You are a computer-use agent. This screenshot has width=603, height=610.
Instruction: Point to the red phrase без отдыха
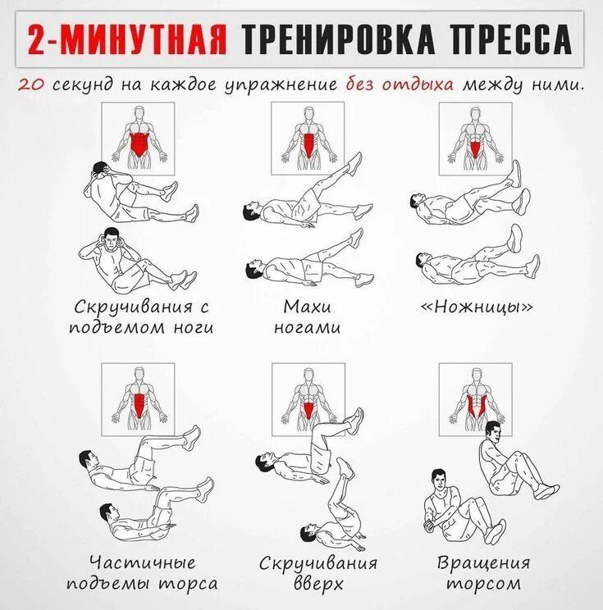pos(400,85)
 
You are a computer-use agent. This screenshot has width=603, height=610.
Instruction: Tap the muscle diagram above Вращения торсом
pos(475,399)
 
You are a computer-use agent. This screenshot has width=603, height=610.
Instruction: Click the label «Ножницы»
pos(477,308)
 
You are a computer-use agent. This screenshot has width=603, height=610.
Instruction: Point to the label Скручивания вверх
pos(318,574)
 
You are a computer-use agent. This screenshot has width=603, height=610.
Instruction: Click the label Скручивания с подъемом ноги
pos(144,318)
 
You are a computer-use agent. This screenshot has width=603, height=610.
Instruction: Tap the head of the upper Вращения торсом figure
pos(491,430)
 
